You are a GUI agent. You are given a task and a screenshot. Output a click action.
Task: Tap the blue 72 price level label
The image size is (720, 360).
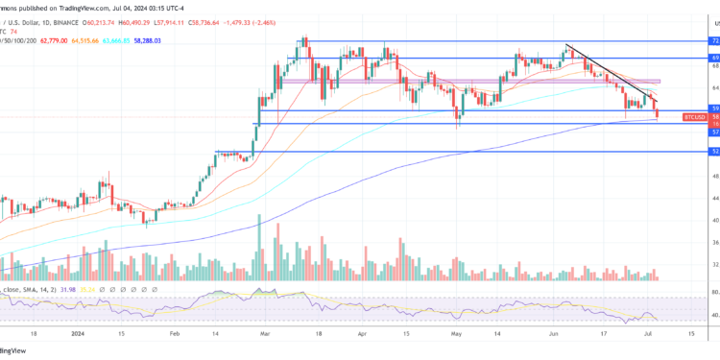point(714,41)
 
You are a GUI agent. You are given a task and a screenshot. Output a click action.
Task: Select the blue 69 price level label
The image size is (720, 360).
point(714,59)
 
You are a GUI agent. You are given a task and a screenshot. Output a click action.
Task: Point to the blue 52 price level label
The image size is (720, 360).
point(714,152)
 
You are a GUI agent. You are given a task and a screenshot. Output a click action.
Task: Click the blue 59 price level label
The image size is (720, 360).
point(714,108)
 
